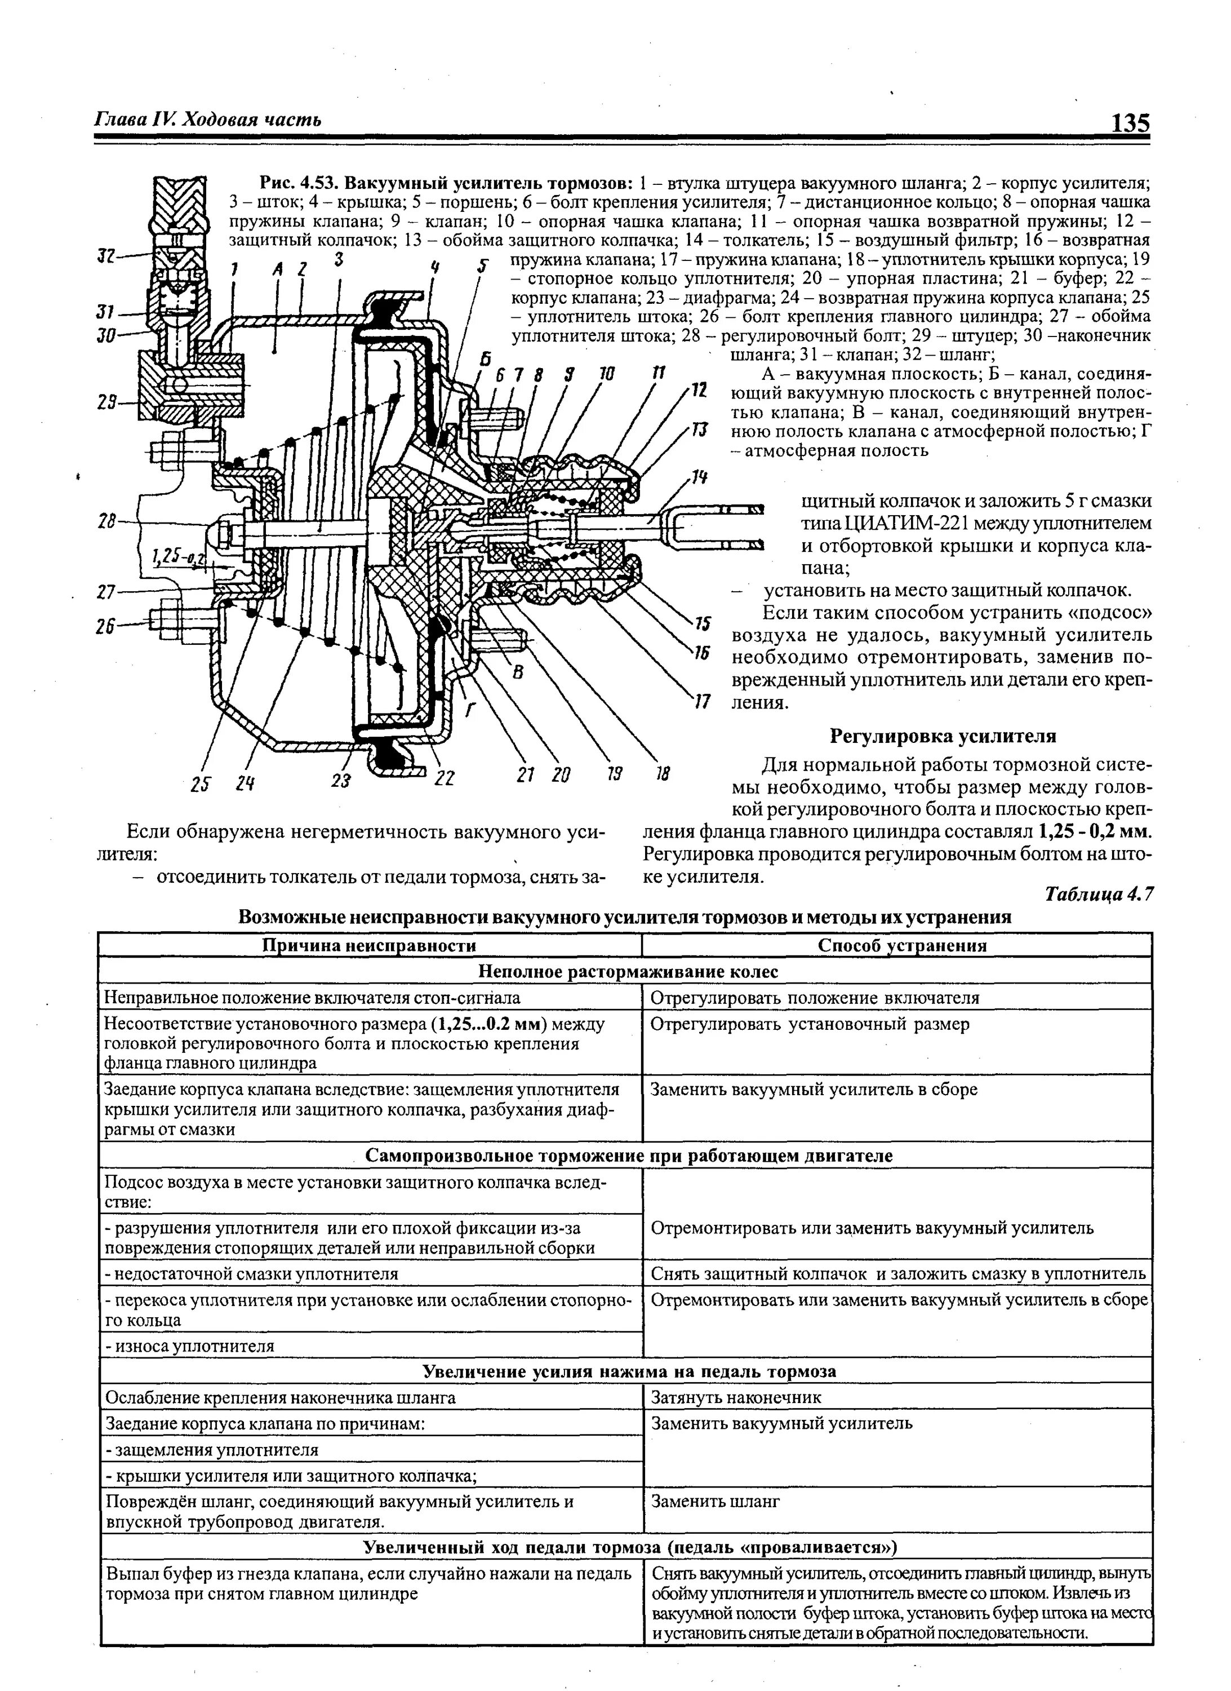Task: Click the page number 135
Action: tap(1130, 122)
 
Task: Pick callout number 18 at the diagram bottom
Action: tap(661, 774)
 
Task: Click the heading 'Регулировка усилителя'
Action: tap(943, 737)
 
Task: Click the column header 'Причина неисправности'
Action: tap(370, 945)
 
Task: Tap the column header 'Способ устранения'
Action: tap(901, 945)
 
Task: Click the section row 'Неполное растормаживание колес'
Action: tap(628, 972)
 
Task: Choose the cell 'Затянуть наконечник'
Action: tap(736, 1397)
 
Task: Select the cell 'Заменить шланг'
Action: tap(716, 1502)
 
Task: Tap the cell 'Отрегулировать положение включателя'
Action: tap(815, 998)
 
